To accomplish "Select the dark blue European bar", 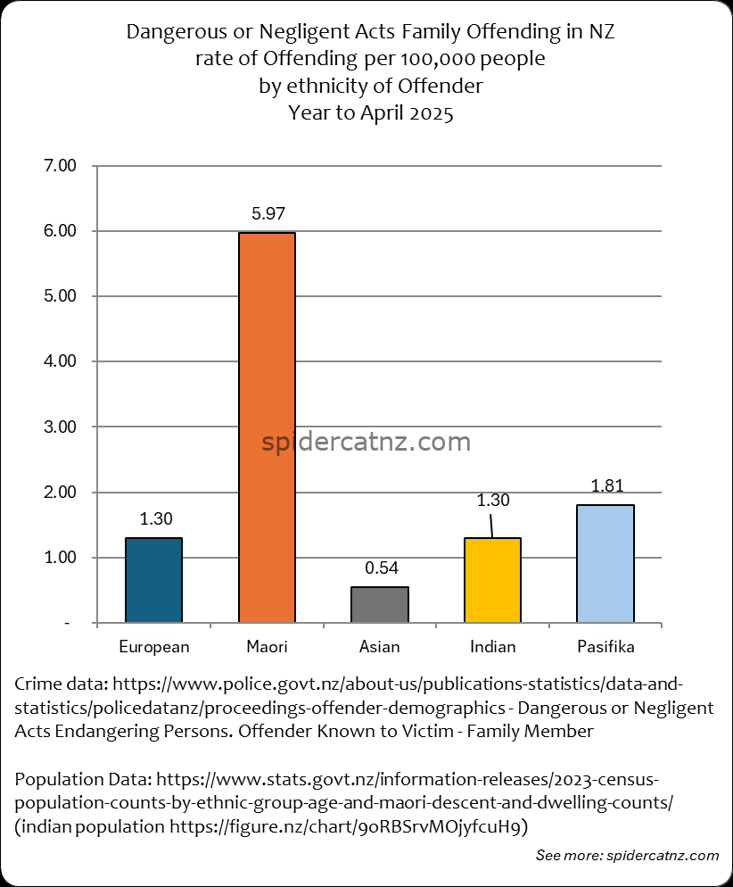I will click(x=153, y=580).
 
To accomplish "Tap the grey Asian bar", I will click(x=380, y=604).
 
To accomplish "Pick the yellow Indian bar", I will click(x=492, y=580).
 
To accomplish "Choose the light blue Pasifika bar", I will click(x=605, y=563).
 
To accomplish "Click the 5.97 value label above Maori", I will click(x=267, y=214).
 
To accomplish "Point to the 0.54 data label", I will click(x=381, y=568).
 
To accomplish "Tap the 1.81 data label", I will click(x=606, y=486).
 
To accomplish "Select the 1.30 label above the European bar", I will click(x=155, y=518).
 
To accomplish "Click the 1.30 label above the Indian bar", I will click(x=493, y=501).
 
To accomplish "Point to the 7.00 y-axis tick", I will click(x=61, y=166).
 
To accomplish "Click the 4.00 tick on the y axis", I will click(x=61, y=361).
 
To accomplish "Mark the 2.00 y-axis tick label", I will click(x=61, y=493).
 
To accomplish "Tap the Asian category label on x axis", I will click(x=380, y=646).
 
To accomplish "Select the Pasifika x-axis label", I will click(x=605, y=646).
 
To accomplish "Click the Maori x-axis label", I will click(x=267, y=646).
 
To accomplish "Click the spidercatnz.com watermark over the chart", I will click(x=366, y=442).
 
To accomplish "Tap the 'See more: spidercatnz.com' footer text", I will click(x=627, y=856).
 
